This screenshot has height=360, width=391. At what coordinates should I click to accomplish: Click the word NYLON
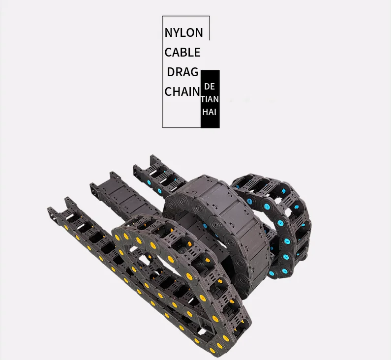(x=184, y=33)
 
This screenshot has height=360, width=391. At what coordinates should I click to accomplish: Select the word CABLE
(x=182, y=52)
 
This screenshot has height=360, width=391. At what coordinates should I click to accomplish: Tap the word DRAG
(x=182, y=72)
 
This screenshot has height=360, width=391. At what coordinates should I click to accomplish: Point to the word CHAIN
(x=182, y=92)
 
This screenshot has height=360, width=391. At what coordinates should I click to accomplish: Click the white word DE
(x=210, y=87)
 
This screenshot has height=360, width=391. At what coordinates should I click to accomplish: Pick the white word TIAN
(x=210, y=99)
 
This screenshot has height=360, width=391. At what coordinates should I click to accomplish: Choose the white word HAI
(x=209, y=112)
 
